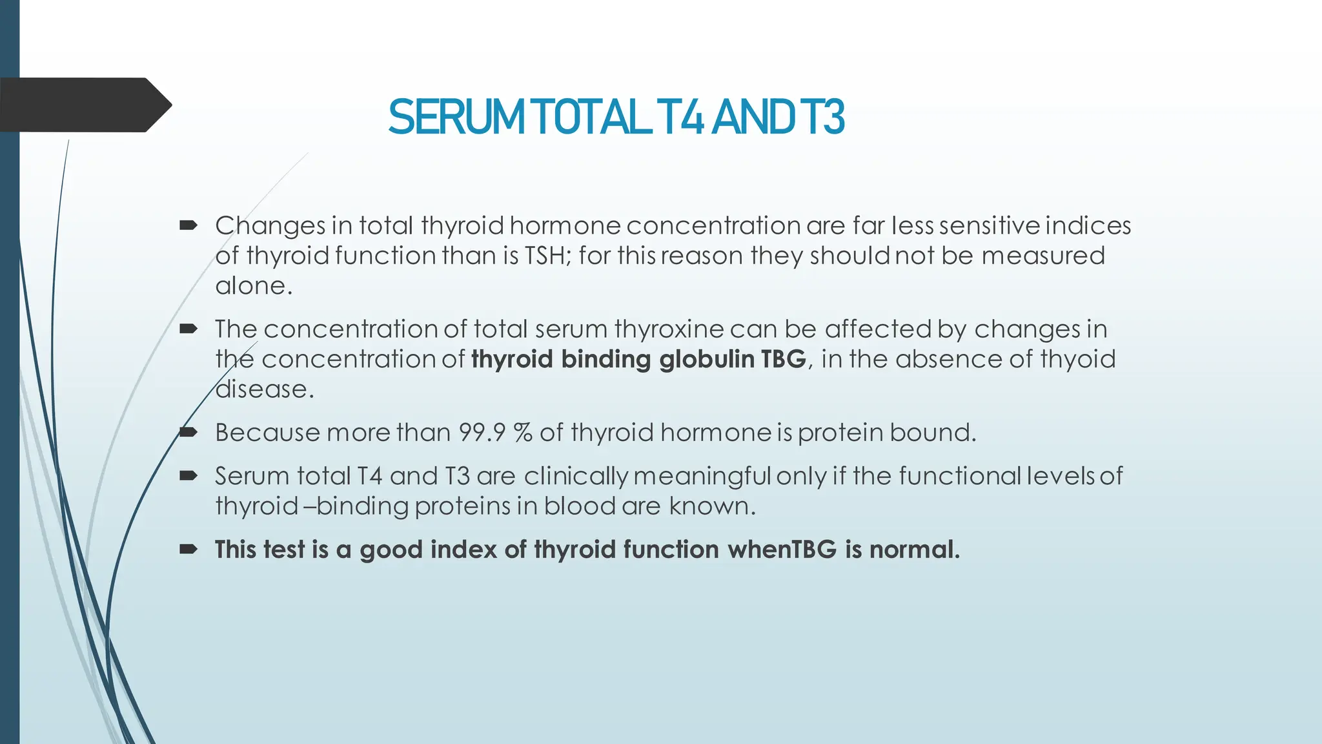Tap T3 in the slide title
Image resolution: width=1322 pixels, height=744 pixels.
(821, 118)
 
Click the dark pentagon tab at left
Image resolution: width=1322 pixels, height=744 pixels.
(84, 105)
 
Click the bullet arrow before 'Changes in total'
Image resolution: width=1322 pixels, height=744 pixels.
(188, 225)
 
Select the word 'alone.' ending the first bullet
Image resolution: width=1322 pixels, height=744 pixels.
(254, 286)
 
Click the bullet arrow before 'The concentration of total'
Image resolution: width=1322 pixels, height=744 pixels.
(188, 329)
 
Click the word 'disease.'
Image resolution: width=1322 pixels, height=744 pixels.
(265, 389)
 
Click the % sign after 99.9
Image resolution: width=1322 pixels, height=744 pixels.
(523, 433)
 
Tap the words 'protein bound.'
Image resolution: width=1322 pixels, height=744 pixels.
(887, 433)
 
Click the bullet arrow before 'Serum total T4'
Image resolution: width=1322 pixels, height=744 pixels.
(188, 476)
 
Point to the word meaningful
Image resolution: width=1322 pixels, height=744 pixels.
(702, 477)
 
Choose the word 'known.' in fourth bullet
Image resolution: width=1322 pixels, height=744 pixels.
(712, 506)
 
